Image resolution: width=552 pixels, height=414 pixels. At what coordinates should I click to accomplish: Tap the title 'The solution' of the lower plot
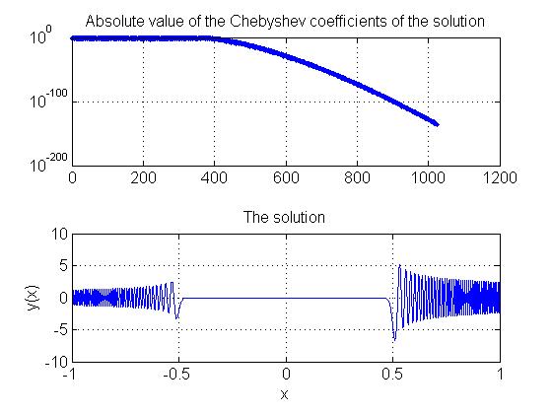284,217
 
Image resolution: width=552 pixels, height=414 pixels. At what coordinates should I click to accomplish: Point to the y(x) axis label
33,298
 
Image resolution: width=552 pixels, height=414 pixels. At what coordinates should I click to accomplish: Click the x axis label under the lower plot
285,394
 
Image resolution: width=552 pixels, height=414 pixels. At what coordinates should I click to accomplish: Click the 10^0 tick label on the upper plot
40,34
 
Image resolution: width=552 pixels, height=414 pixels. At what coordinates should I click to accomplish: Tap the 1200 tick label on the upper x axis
500,177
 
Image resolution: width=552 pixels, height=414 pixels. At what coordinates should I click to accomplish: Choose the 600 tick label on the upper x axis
286,177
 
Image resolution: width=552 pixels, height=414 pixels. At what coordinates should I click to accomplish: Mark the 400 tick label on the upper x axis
214,177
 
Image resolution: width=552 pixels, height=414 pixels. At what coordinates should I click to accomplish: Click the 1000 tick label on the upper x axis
428,177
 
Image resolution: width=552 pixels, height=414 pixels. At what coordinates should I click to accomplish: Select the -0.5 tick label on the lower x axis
176,374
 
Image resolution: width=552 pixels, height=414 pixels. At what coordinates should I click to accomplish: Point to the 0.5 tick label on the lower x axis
392,374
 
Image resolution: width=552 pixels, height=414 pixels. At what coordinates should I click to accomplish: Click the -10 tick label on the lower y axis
56,362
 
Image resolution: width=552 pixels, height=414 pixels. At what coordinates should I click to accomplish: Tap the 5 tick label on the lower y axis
63,265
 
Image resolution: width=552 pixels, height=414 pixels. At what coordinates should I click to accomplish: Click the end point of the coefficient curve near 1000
438,124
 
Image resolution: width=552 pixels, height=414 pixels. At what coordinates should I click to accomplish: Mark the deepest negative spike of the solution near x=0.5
394,340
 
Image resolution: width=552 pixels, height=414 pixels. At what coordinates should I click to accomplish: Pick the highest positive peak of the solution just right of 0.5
399,265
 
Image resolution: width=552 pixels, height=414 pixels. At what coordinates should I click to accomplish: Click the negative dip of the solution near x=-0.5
177,318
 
